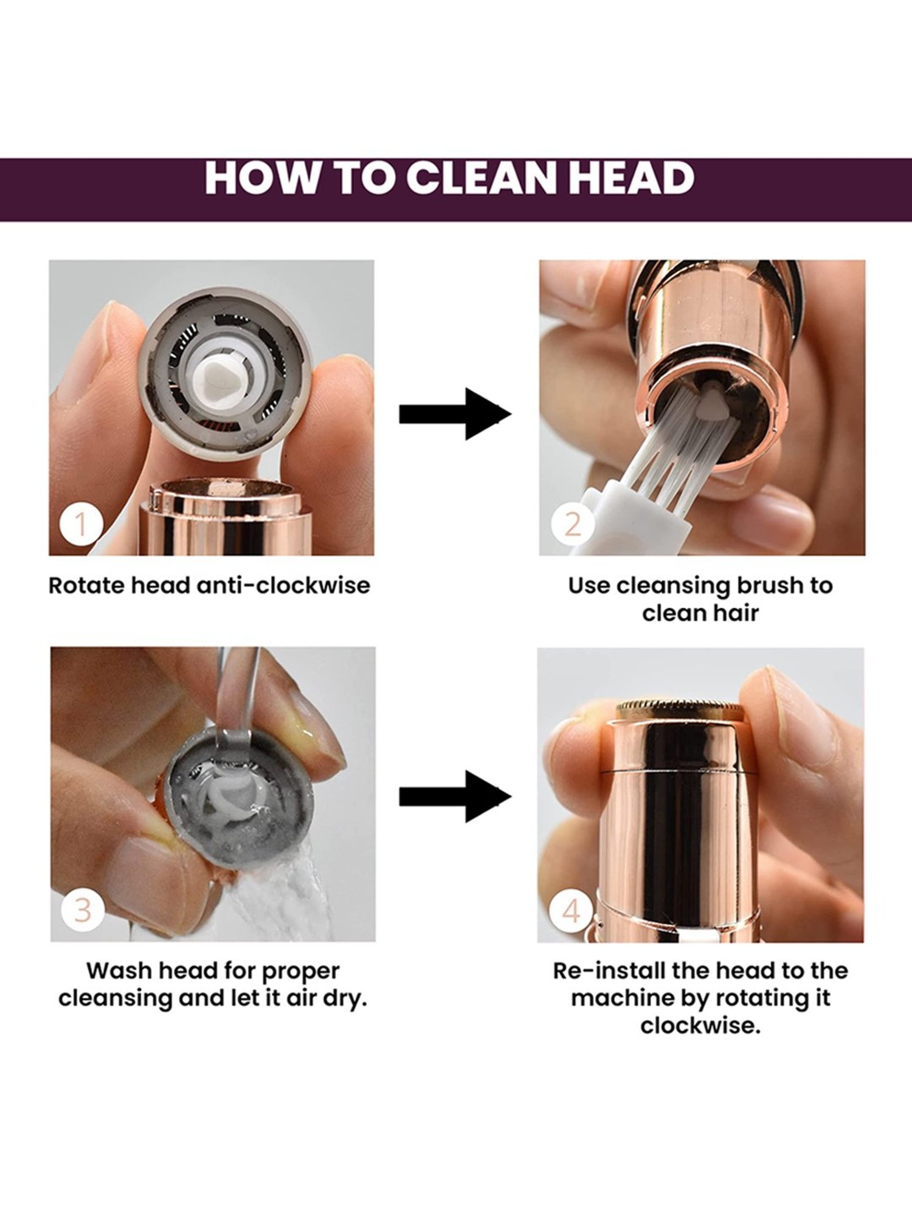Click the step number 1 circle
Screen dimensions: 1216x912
click(x=81, y=523)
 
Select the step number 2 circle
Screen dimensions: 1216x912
click(x=572, y=523)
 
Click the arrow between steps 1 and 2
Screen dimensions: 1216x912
click(x=455, y=414)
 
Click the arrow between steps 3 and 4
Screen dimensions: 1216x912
click(x=455, y=796)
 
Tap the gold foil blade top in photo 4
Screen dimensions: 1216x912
click(x=679, y=708)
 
